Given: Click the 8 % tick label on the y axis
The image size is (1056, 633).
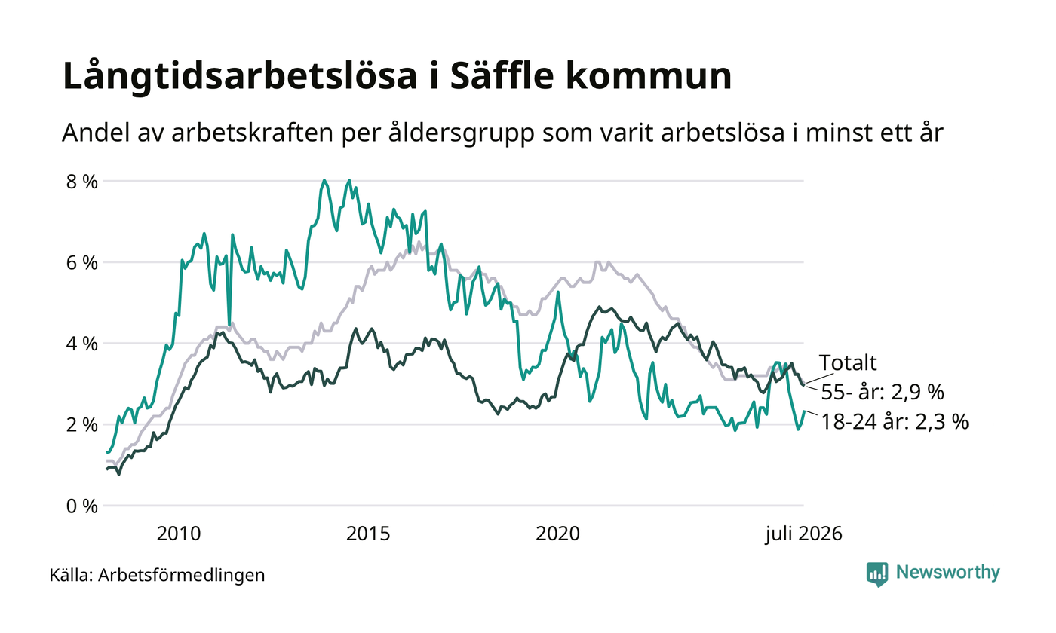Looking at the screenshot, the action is click(82, 182).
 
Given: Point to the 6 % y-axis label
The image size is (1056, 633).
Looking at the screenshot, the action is click(82, 263).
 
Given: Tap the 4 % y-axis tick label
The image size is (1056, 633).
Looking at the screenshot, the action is click(82, 344).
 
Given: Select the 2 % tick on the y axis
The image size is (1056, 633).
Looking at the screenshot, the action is click(82, 425).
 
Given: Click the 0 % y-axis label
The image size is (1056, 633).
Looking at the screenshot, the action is click(82, 506).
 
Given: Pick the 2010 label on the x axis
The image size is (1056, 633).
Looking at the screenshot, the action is click(179, 534).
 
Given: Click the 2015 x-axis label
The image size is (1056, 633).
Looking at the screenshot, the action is click(368, 534).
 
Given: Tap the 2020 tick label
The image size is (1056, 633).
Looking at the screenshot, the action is click(557, 534).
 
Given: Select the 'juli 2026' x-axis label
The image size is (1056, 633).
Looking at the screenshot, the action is click(804, 534).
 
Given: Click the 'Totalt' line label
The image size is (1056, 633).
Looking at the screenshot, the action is click(848, 363).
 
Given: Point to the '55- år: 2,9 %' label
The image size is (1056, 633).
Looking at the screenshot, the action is click(883, 392).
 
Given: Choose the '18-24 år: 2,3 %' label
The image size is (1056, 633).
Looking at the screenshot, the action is click(895, 421).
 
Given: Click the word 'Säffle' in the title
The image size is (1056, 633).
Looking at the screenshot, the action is click(502, 75).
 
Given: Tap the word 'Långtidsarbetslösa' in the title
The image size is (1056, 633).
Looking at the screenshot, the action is click(240, 77).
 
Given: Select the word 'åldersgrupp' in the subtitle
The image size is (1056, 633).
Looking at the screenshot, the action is click(462, 134).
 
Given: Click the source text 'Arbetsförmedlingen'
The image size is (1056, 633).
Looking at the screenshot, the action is click(182, 576).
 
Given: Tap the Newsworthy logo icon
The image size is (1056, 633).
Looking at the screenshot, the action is click(876, 574).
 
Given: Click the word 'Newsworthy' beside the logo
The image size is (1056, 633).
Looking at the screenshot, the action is click(947, 572).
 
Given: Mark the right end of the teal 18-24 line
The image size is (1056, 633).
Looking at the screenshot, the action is click(804, 411).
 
